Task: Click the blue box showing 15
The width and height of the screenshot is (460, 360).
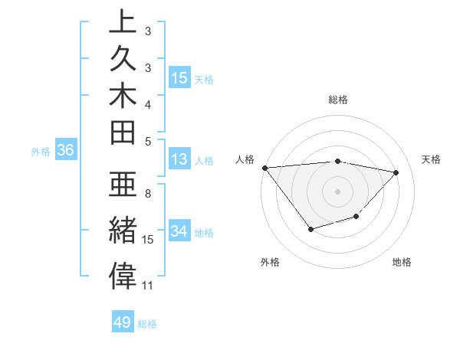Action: coord(179,77)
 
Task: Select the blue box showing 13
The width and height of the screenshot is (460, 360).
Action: coord(179,160)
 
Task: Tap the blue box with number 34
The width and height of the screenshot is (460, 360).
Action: coord(179,231)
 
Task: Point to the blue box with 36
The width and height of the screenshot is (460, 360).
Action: coord(66,151)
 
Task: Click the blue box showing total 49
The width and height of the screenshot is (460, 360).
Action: coord(123,322)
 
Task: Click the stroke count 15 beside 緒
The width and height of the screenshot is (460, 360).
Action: coord(148,240)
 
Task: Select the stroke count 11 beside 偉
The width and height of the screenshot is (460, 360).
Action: coord(148,286)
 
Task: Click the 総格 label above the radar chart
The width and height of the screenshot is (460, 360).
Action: coord(338,100)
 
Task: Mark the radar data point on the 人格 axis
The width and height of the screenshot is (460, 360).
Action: coord(264,167)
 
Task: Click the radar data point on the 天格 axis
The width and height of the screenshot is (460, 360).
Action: coord(396,172)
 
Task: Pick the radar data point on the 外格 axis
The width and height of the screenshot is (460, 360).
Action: coord(310,228)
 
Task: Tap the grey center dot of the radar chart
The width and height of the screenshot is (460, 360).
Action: coord(337,191)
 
